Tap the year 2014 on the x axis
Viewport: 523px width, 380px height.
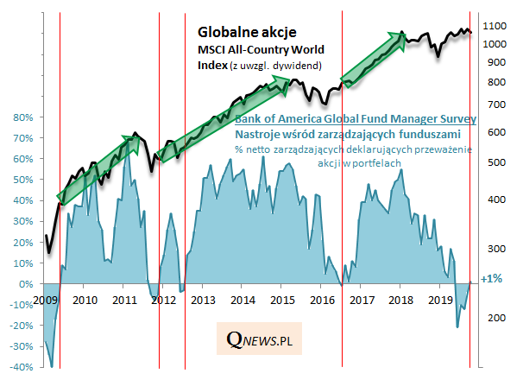point(242,301)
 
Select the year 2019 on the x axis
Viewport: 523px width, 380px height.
point(439,301)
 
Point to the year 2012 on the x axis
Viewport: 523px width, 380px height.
point(162,301)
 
